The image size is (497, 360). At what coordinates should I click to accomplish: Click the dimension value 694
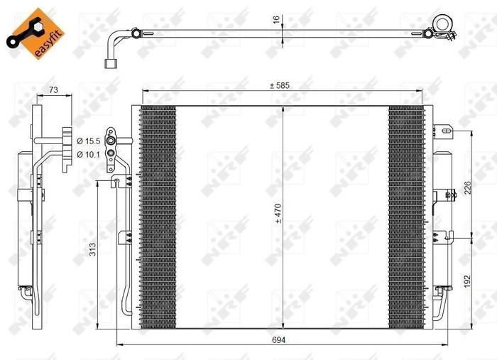pyautogui.click(x=283, y=342)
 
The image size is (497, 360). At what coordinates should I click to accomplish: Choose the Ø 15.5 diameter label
pyautogui.click(x=89, y=141)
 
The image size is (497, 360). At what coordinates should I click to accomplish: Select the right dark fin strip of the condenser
pyautogui.click(x=404, y=217)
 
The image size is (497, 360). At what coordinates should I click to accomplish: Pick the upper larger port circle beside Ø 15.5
pyautogui.click(x=111, y=140)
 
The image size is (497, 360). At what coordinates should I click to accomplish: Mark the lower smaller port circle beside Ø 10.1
pyautogui.click(x=111, y=151)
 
